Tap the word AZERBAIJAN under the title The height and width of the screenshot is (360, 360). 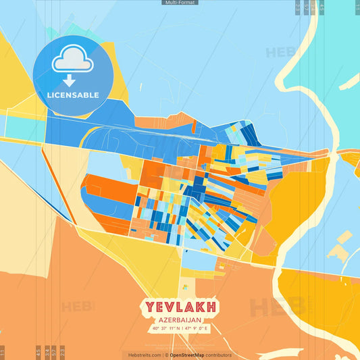[x=180, y=321]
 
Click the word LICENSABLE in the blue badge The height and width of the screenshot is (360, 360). [x=73, y=95]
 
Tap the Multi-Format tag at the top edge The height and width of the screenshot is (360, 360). [x=180, y=3]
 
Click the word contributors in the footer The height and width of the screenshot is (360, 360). [x=218, y=355]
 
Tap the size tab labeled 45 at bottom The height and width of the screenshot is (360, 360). [x=38, y=352]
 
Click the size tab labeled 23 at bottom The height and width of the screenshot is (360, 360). [x=63, y=352]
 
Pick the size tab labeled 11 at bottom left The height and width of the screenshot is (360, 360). [x=3, y=352]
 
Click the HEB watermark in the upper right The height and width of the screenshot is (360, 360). [x=280, y=53]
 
